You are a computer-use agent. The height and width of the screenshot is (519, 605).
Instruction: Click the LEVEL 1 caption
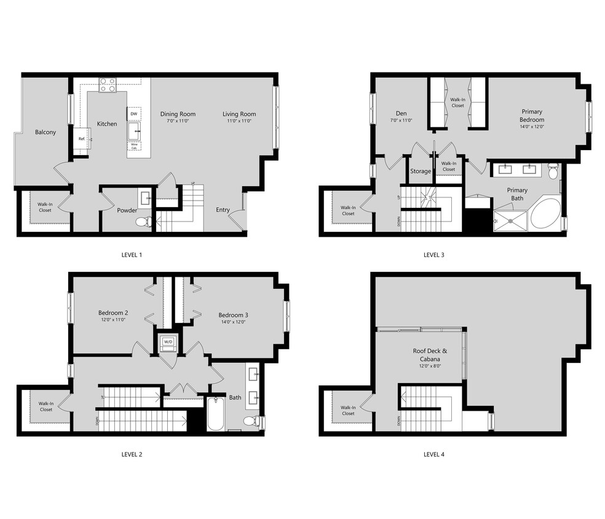click(x=132, y=254)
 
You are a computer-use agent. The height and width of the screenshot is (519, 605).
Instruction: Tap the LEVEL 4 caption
click(x=433, y=454)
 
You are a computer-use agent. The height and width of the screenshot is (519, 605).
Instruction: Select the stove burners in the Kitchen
click(x=108, y=84)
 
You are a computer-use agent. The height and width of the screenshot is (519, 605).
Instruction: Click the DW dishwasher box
click(x=133, y=114)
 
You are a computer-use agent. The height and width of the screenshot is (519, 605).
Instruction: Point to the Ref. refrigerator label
click(x=81, y=139)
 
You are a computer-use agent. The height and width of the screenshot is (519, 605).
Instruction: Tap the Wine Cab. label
click(x=133, y=147)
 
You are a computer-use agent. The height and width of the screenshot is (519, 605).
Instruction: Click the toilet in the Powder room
click(x=143, y=221)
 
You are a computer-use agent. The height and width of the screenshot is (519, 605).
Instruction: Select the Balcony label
click(x=45, y=132)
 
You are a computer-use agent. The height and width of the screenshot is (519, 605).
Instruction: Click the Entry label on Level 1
click(x=223, y=210)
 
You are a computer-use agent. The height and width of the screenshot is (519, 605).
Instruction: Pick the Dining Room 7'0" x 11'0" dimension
click(x=178, y=121)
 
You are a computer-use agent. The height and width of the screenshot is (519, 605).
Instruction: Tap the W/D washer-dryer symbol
click(x=167, y=342)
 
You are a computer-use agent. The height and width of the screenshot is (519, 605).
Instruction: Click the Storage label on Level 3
click(x=421, y=171)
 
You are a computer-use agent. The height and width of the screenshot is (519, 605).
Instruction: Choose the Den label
click(x=401, y=113)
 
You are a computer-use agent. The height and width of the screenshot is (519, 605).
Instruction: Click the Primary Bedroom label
click(x=531, y=116)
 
